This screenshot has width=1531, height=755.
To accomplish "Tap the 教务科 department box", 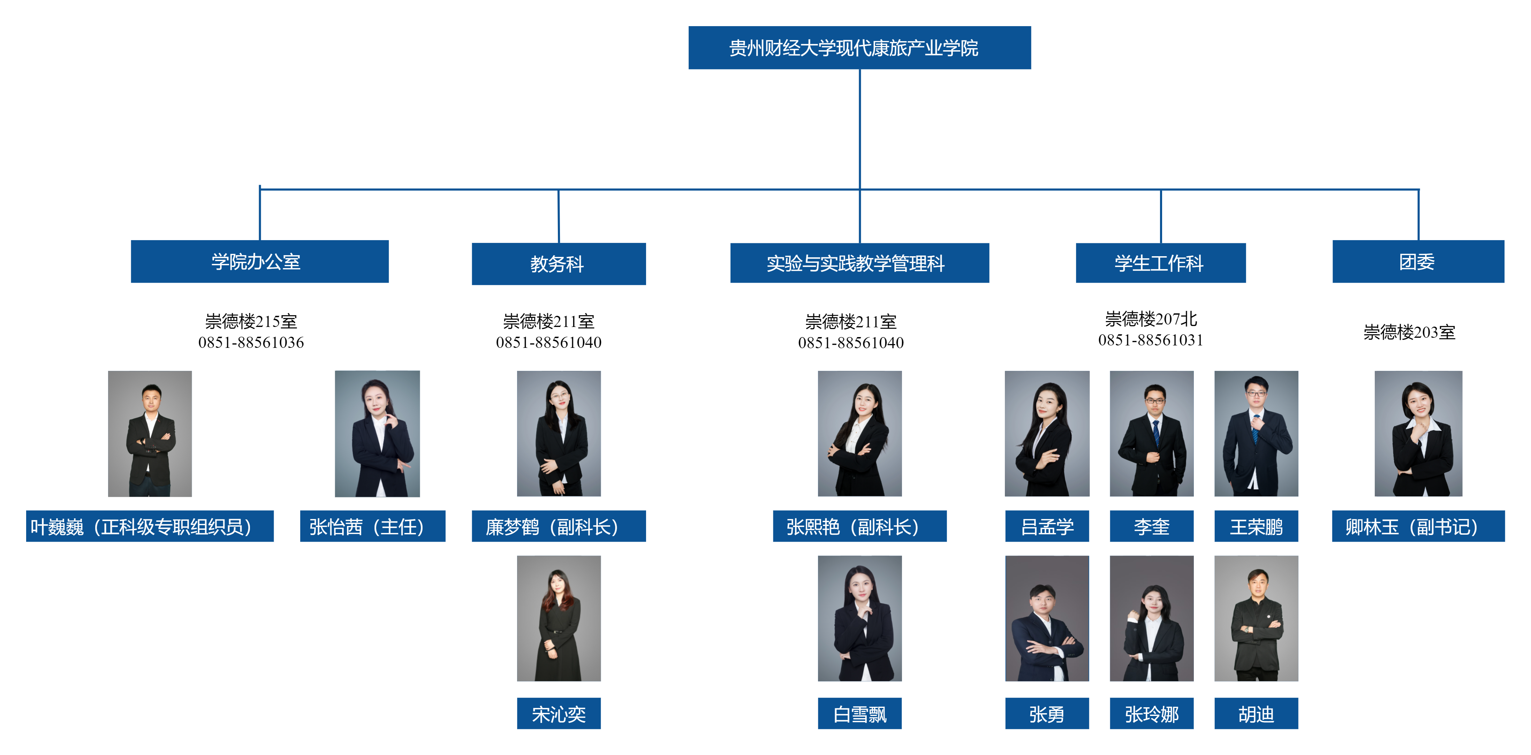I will [558, 264].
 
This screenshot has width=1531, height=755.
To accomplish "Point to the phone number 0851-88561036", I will [251, 342].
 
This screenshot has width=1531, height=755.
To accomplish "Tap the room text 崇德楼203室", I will [1409, 332].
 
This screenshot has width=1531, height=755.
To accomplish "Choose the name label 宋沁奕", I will [558, 714].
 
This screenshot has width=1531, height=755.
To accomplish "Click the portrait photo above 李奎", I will [1151, 434].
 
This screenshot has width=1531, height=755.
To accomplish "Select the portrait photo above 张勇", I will [1047, 618].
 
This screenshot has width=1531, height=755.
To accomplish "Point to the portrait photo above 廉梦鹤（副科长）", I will [558, 434].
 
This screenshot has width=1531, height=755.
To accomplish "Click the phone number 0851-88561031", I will [1151, 340].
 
